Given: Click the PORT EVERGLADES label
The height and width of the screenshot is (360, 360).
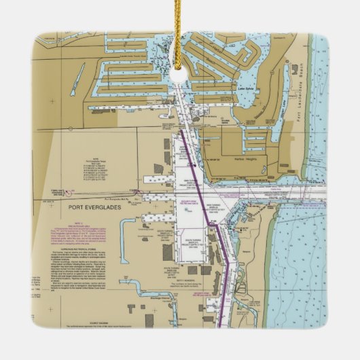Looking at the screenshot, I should pyautogui.click(x=96, y=210).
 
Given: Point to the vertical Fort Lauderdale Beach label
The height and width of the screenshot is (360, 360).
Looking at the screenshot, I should pyautogui.click(x=298, y=95).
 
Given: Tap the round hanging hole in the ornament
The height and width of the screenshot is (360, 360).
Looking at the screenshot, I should pyautogui.click(x=179, y=74).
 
